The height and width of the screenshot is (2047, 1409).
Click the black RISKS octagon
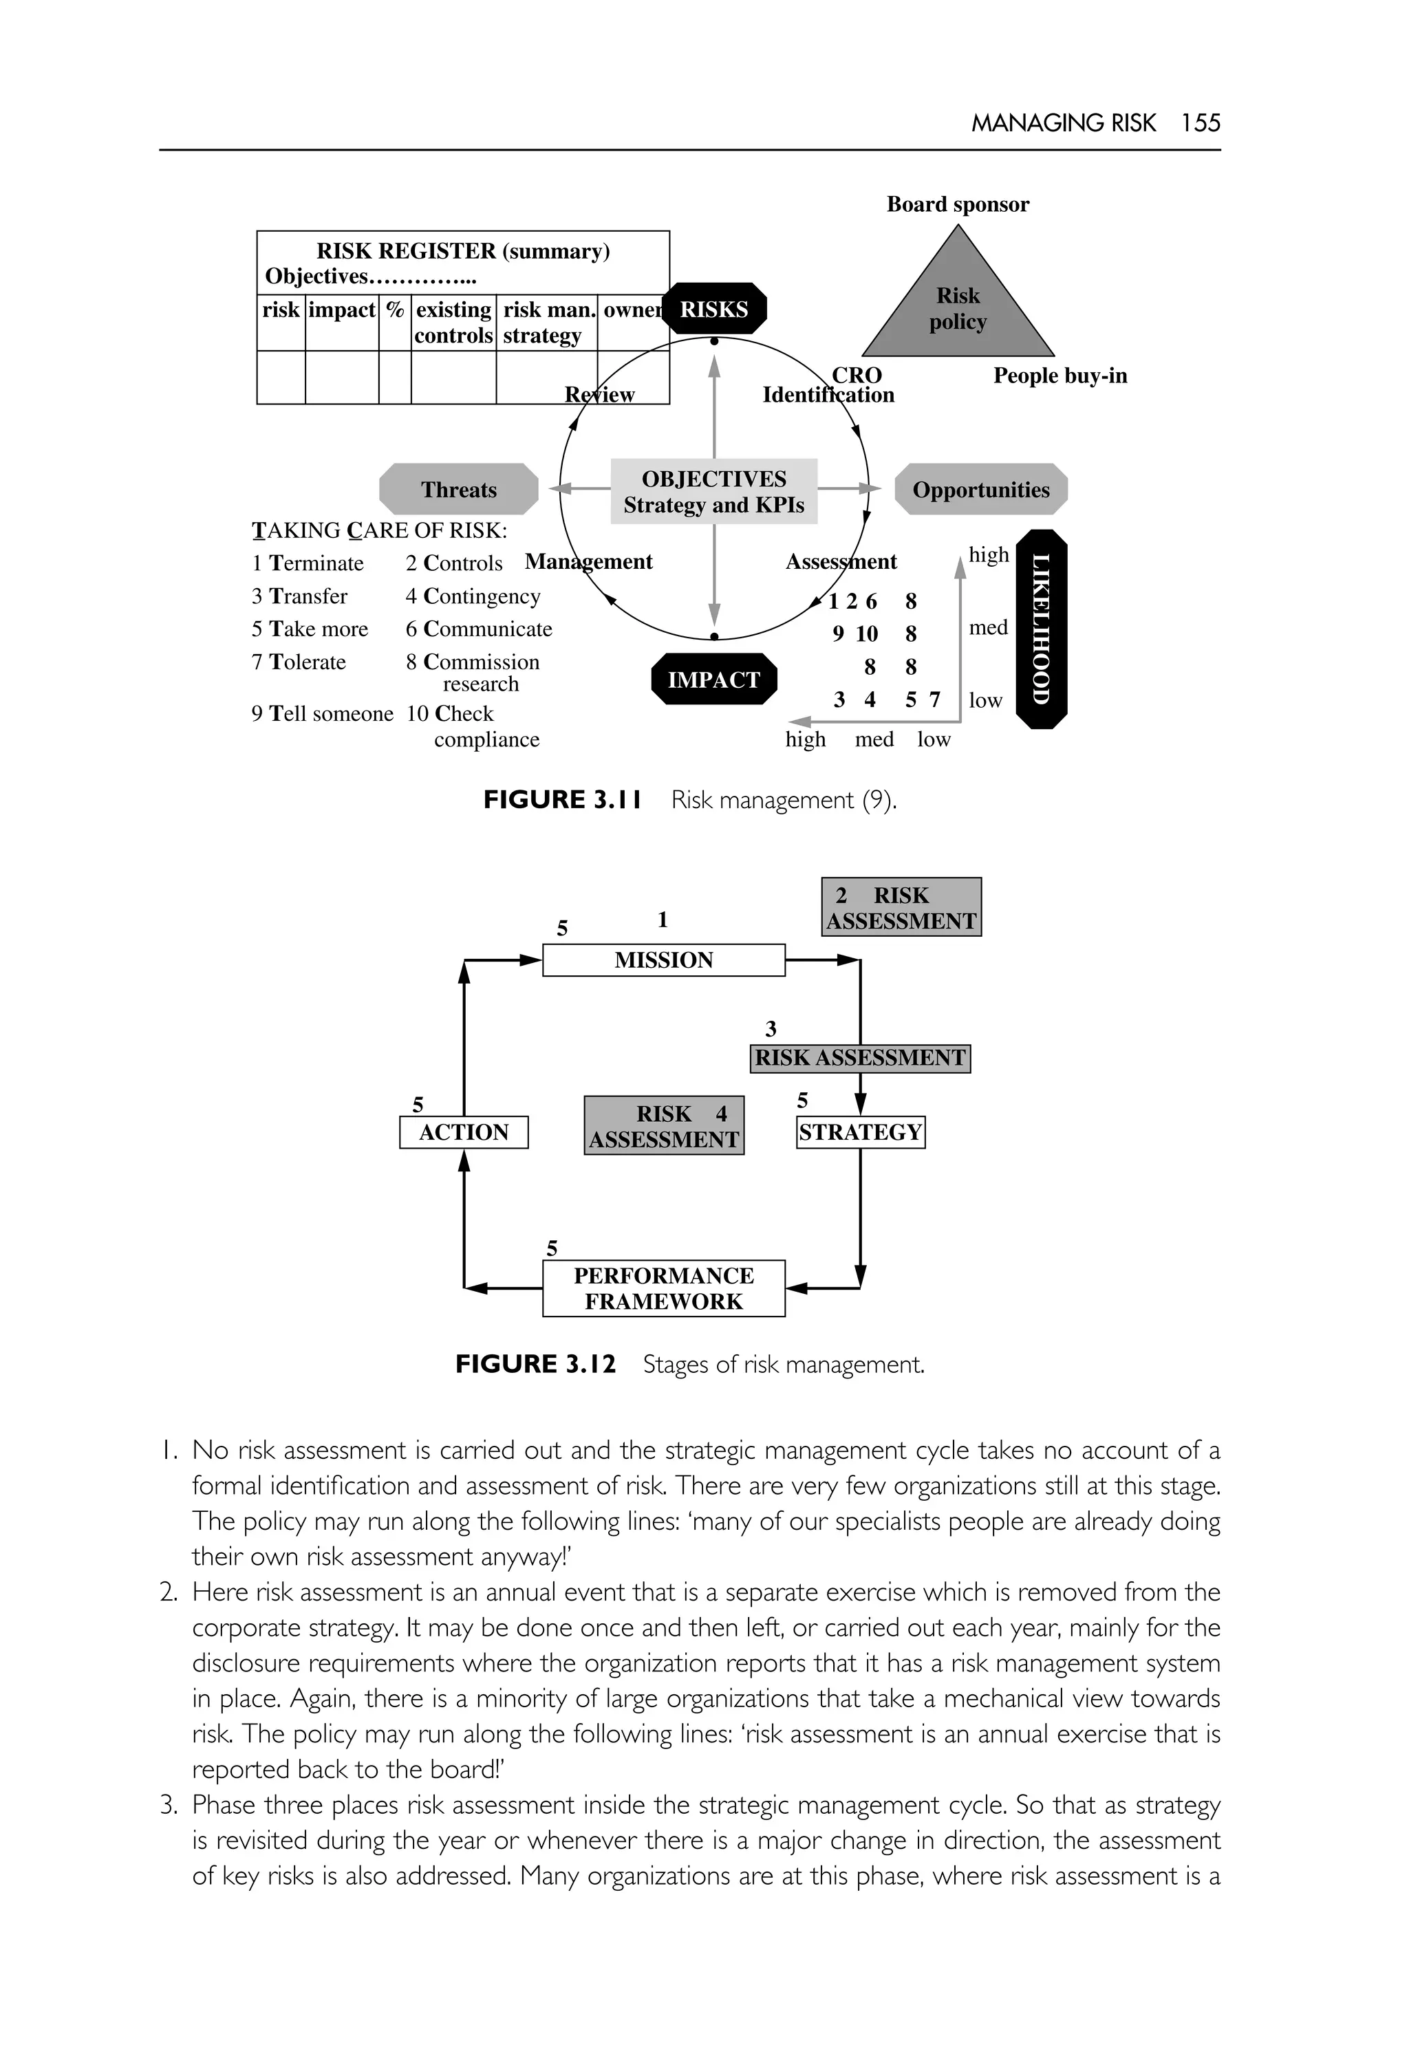(x=714, y=309)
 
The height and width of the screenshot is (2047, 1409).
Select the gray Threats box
(x=458, y=489)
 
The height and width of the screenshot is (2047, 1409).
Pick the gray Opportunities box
(x=981, y=489)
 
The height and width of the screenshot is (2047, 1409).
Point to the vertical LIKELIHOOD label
(x=1042, y=629)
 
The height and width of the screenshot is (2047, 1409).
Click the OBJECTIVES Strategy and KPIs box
(x=713, y=492)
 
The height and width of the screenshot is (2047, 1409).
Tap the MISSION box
(x=663, y=960)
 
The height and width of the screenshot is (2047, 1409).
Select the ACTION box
(x=464, y=1131)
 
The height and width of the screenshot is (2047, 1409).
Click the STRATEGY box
(x=860, y=1131)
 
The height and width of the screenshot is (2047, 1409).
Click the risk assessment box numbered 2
(x=901, y=907)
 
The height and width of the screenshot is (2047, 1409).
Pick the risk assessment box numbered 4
(x=664, y=1125)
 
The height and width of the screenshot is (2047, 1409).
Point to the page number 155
(x=1201, y=122)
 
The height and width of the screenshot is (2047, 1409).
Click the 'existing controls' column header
(x=454, y=322)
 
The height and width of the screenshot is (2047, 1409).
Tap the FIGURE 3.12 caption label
(x=535, y=1364)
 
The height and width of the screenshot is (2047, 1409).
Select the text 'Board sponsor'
(x=958, y=204)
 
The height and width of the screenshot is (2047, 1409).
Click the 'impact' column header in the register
(x=342, y=310)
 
